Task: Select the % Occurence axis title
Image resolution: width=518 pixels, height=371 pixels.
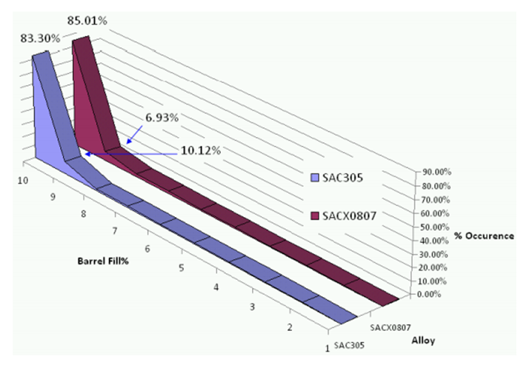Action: (x=483, y=235)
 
